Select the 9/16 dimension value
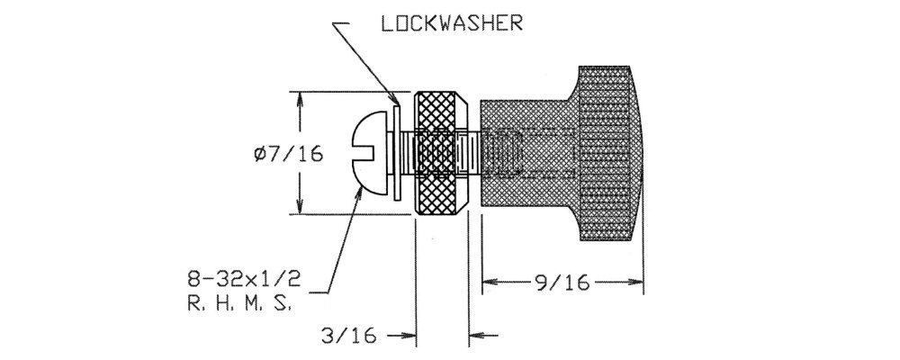click(561, 284)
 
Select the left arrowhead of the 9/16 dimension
click(489, 284)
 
